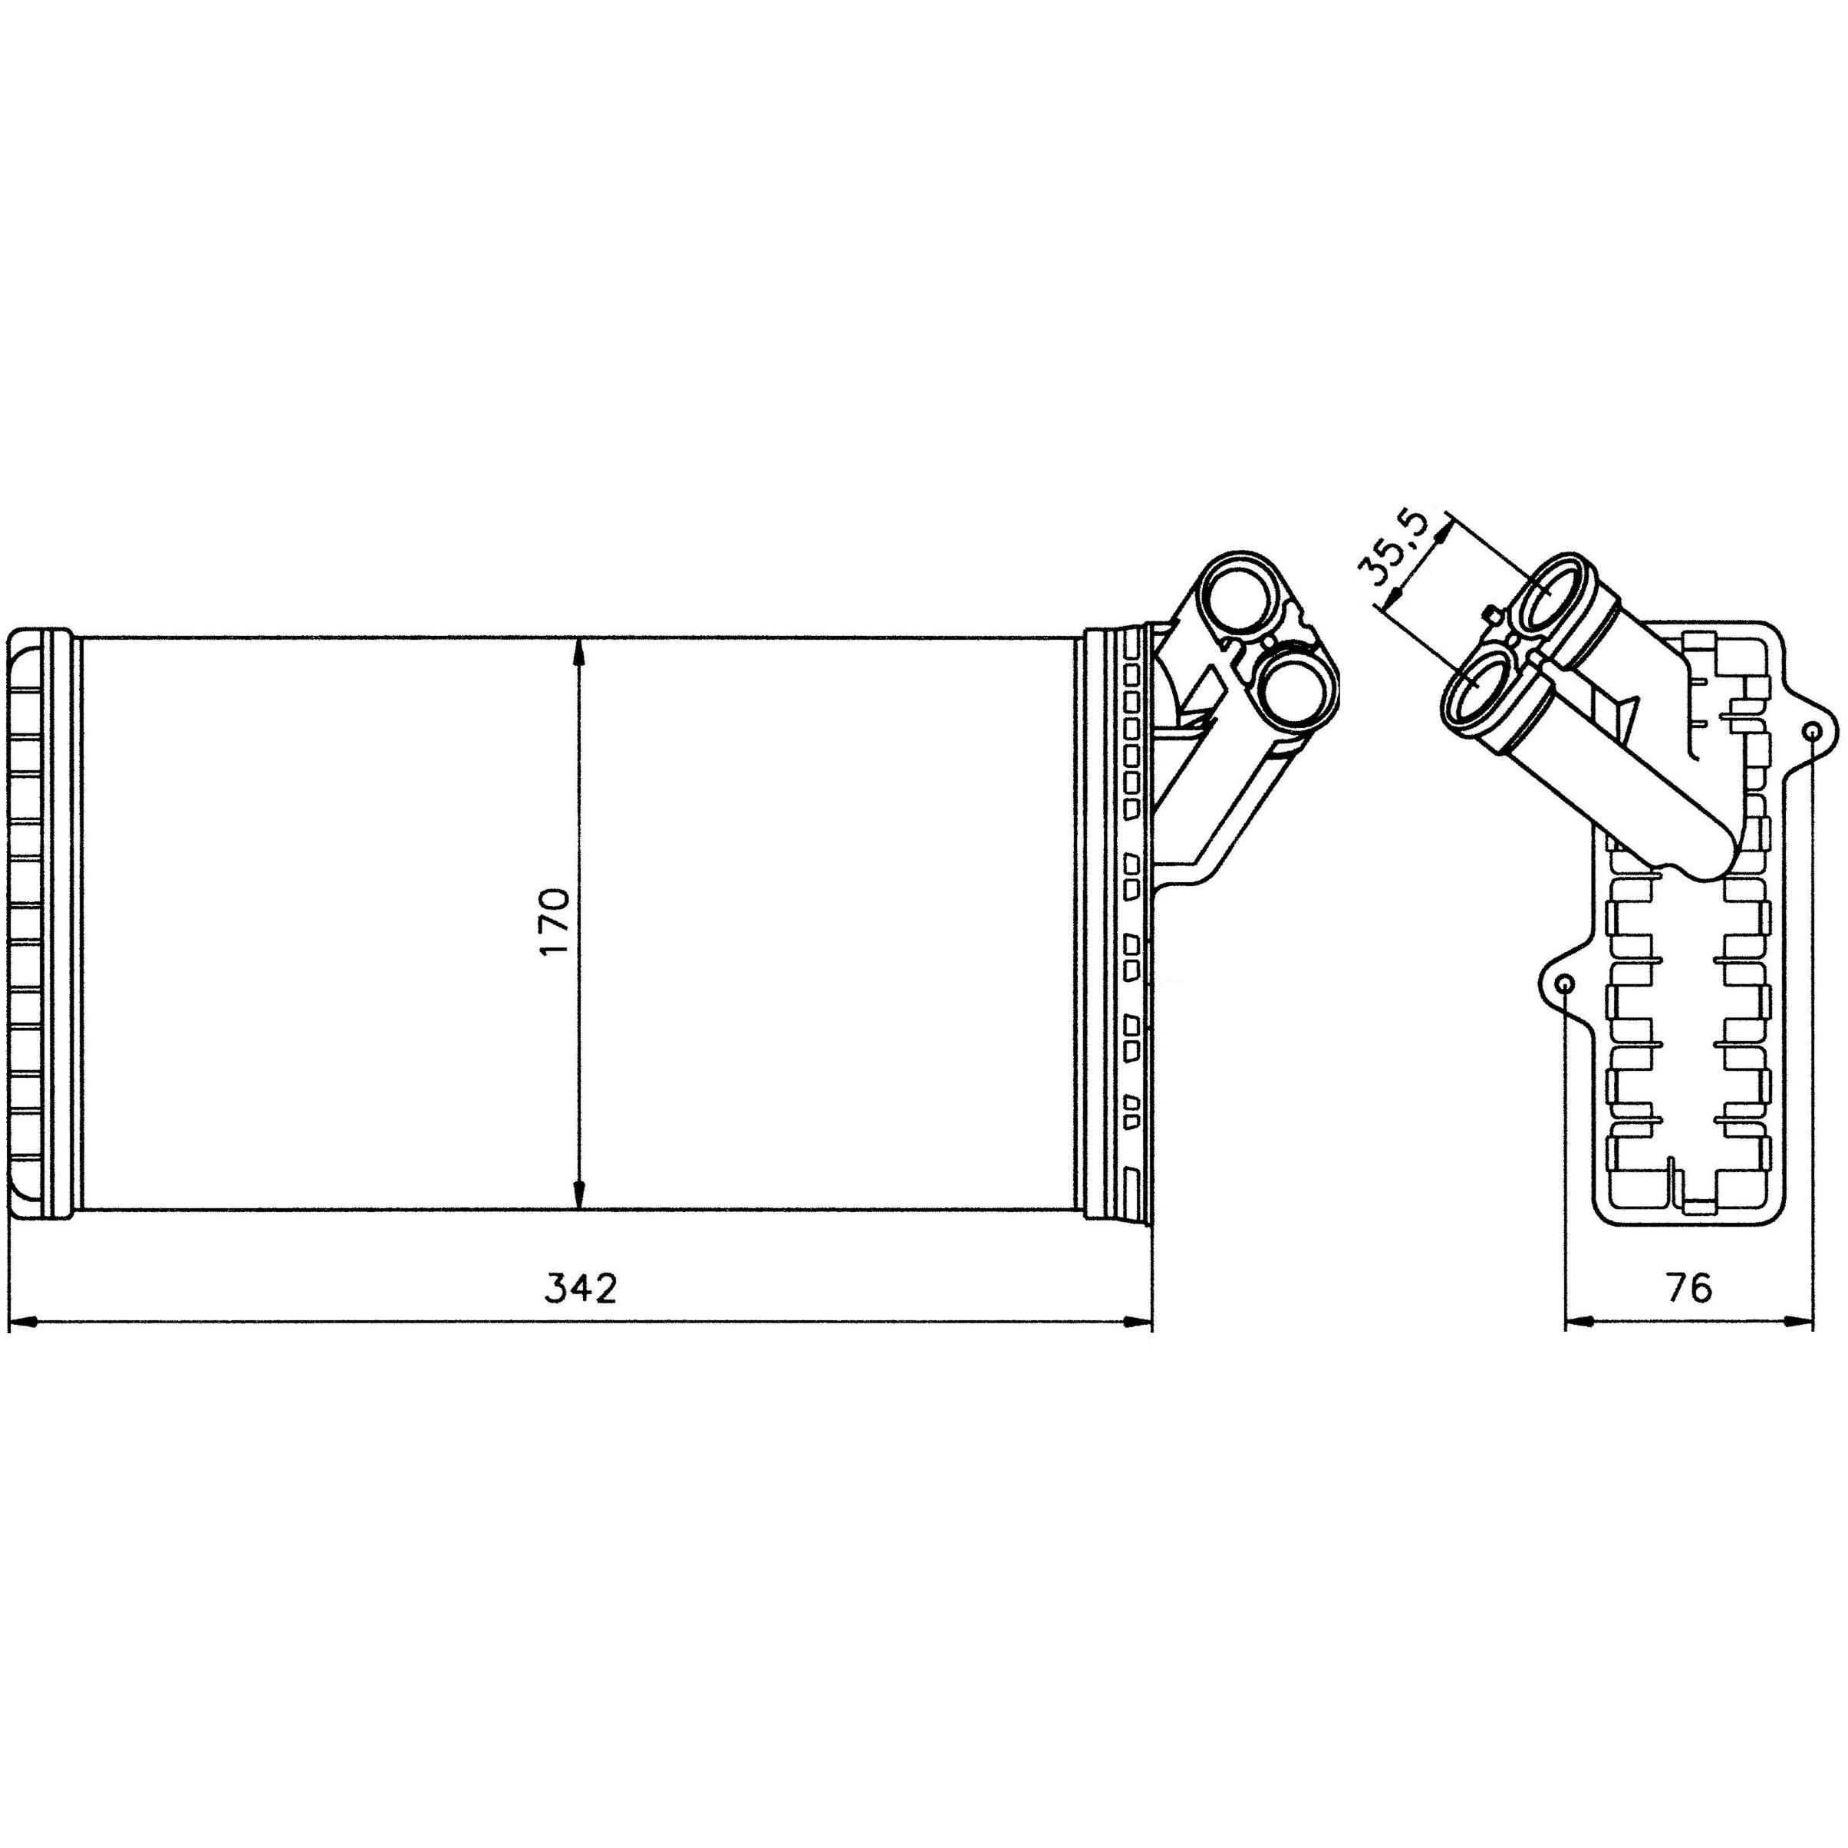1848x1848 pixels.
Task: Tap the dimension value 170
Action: [x=554, y=922]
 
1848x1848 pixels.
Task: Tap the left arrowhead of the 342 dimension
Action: [x=21, y=1323]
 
